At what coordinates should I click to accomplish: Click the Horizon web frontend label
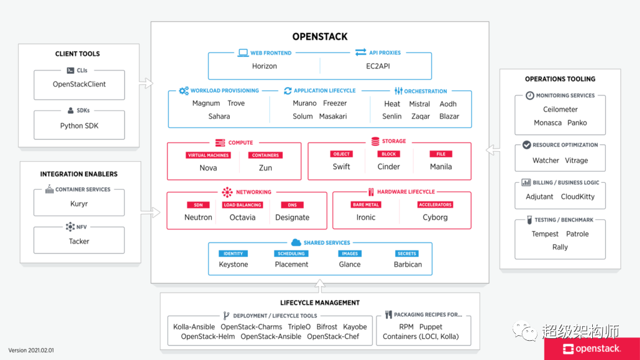tap(264, 66)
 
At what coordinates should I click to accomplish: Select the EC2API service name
tap(377, 66)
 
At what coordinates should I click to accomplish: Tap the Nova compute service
tap(208, 167)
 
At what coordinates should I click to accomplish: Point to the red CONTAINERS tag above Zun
tap(265, 155)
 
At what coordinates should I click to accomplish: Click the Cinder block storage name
tap(389, 167)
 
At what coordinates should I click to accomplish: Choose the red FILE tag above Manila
tap(441, 154)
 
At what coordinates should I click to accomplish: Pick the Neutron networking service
tap(198, 218)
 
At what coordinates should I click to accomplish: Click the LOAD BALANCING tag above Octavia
tap(242, 205)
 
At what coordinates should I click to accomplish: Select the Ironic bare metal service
tap(366, 218)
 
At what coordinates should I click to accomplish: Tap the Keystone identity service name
tap(234, 264)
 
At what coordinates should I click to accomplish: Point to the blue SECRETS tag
tap(407, 254)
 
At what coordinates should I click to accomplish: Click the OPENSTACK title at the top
tap(320, 37)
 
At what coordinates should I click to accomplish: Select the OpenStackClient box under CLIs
tap(79, 85)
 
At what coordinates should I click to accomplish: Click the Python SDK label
tap(79, 126)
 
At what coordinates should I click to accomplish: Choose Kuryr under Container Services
tap(79, 203)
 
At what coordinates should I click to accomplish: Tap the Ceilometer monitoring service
tap(560, 109)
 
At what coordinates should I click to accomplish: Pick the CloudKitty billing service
tap(578, 196)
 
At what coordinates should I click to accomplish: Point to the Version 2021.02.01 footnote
tap(31, 350)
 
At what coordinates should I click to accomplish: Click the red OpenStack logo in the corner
tap(592, 349)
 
